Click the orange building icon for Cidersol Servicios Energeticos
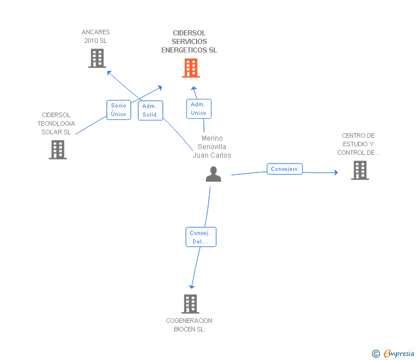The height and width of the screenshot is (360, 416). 191,69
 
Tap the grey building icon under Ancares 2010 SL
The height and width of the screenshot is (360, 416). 97,58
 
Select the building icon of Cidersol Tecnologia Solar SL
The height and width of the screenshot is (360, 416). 58,149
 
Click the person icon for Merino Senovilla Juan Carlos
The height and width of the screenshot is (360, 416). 213,174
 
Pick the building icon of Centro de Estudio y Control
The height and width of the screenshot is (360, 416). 359,170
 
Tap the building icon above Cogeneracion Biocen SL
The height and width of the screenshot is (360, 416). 190,303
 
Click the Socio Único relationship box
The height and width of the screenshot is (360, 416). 119,110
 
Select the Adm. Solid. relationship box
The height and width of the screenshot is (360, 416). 151,110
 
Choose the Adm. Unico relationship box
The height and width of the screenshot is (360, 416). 198,109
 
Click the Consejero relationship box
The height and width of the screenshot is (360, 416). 284,169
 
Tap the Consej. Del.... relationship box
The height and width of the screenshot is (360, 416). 201,237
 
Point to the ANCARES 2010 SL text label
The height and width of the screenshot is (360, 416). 95,37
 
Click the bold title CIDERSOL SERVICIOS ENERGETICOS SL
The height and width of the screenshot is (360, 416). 189,42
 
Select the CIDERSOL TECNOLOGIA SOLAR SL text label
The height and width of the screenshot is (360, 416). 56,123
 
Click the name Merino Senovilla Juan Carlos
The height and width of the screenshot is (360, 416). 212,147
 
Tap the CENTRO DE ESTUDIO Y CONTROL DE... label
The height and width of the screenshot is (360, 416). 358,144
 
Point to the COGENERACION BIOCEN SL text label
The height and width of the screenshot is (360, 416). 189,325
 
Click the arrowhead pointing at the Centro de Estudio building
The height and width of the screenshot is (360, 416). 336,172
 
